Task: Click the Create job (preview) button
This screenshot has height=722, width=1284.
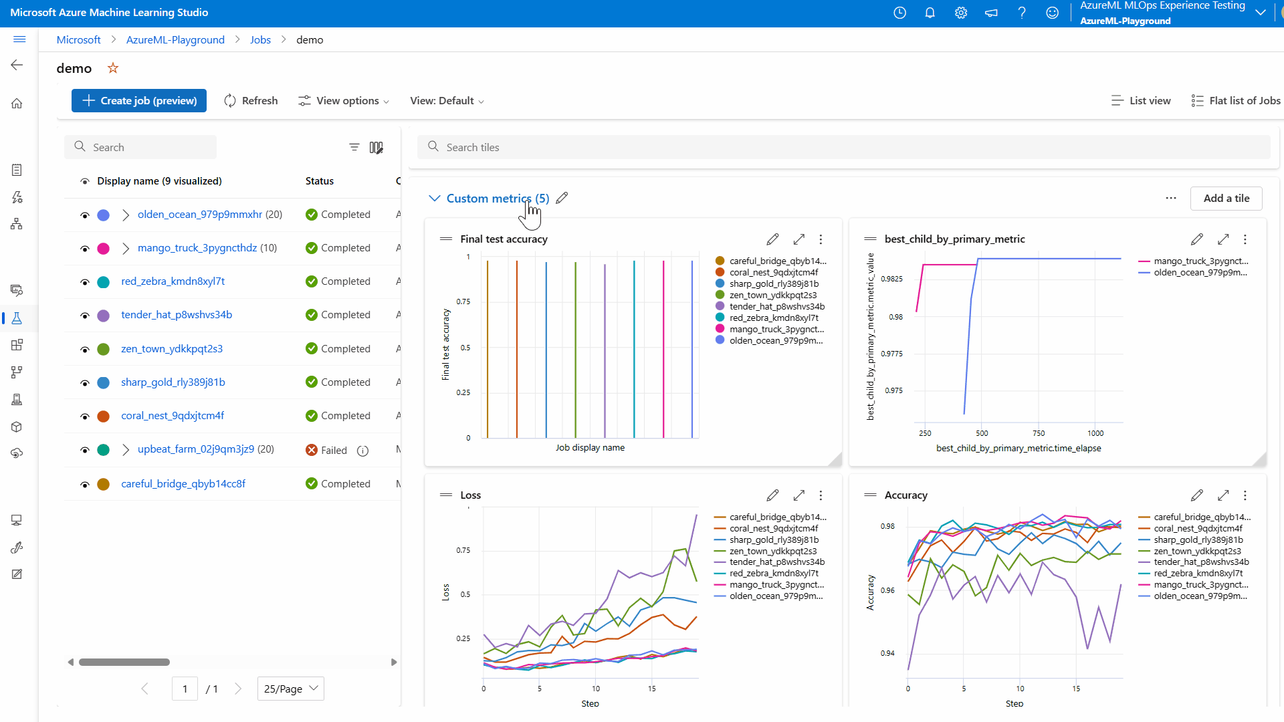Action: tap(139, 101)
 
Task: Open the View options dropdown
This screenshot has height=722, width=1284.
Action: tap(344, 101)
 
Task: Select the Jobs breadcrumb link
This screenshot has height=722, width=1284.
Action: tap(260, 40)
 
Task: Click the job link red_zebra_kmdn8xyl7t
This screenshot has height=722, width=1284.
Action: tap(173, 281)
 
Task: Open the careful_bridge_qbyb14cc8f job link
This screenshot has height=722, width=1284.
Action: tap(183, 484)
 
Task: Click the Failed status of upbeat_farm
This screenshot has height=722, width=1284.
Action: tap(333, 451)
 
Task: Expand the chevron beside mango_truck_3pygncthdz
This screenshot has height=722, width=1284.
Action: tap(126, 249)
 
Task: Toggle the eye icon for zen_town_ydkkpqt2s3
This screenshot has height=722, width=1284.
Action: tap(85, 350)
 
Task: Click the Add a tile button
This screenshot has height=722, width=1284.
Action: tap(1226, 199)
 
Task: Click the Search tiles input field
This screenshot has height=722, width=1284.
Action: tap(843, 148)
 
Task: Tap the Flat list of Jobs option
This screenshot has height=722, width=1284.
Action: tap(1236, 101)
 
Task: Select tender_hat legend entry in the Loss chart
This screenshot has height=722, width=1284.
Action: tap(776, 562)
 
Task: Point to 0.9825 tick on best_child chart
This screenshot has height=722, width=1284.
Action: tap(891, 279)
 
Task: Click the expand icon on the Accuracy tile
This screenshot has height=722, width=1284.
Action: tap(1222, 495)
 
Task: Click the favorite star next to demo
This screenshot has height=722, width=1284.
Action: tap(113, 68)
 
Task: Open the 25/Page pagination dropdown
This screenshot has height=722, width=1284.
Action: tap(290, 689)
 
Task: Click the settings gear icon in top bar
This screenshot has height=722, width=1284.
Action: tap(961, 13)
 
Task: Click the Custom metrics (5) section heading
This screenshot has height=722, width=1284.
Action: tap(498, 199)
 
